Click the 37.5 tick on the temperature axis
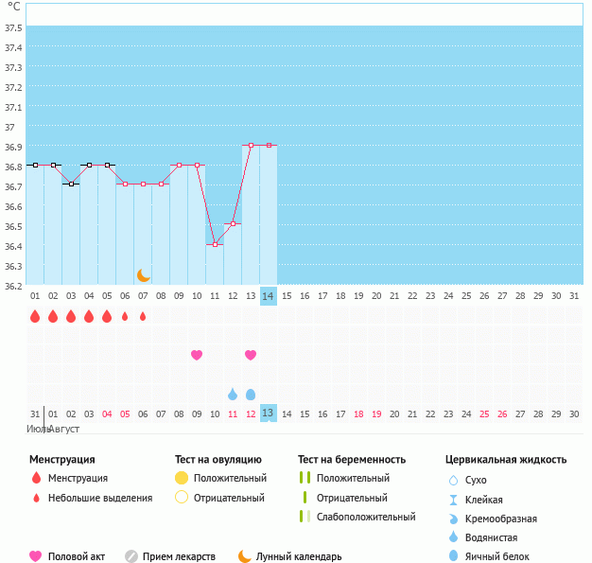tap(13, 27)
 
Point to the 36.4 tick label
tap(13, 246)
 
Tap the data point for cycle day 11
tap(215, 244)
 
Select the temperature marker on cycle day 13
tap(251, 145)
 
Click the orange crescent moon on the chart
tap(144, 275)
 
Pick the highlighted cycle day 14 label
tap(269, 296)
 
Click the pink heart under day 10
tap(197, 355)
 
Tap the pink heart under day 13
tap(251, 355)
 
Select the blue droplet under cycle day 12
tap(233, 394)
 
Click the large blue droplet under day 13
tap(251, 394)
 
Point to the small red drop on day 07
tap(143, 316)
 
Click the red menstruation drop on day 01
tap(35, 316)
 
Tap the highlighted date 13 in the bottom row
tap(269, 413)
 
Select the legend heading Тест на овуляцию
tap(218, 459)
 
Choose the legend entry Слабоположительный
tap(366, 517)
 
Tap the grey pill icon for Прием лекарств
tap(131, 556)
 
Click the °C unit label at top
tap(13, 7)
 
